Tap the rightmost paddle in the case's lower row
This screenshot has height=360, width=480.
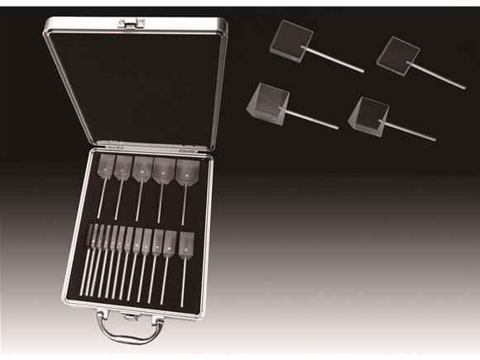click(x=187, y=244)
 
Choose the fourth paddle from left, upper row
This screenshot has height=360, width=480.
click(x=164, y=170)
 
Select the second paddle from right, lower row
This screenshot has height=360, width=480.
click(x=170, y=243)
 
